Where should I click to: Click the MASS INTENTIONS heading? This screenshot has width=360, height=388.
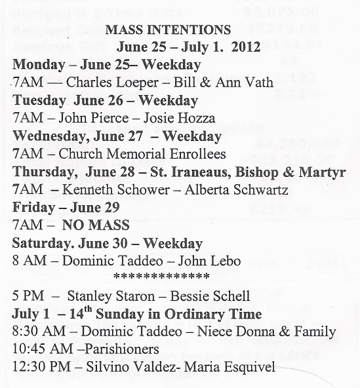coord(168,29)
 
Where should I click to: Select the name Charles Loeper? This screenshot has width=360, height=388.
coord(110,83)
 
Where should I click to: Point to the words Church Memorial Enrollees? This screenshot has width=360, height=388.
coord(142,155)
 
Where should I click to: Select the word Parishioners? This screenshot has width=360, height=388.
coord(117,349)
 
